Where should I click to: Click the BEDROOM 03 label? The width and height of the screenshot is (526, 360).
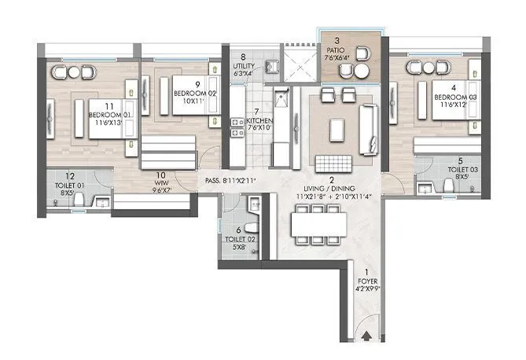(x=451, y=97)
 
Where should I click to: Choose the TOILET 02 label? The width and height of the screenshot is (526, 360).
(x=234, y=239)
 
